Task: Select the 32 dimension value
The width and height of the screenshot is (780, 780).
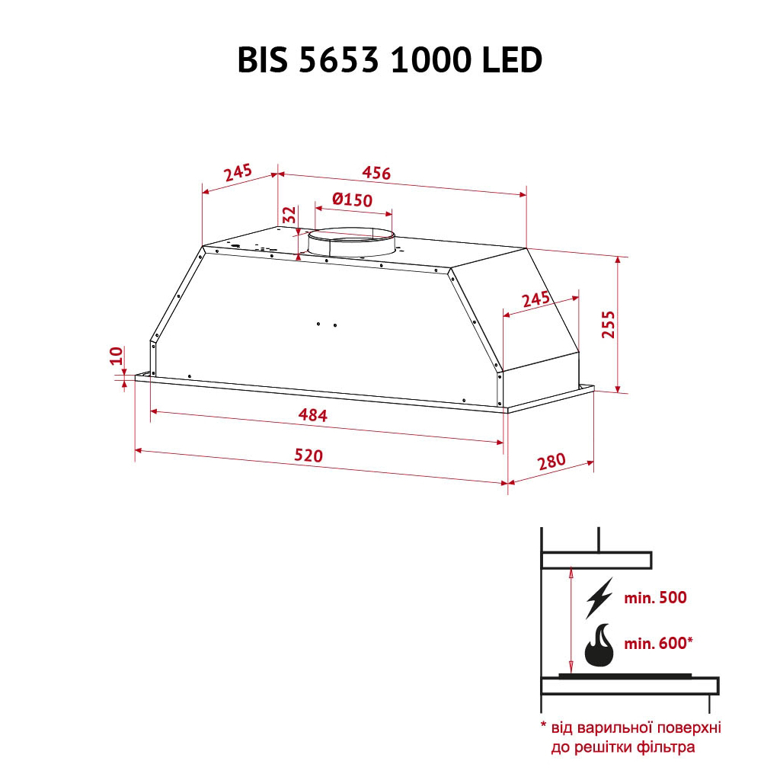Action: click(289, 215)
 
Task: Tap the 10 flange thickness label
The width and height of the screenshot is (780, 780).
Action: click(116, 355)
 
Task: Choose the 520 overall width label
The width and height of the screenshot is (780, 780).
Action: click(308, 456)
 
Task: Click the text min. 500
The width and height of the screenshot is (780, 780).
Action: click(655, 598)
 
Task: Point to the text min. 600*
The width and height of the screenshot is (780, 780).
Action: click(658, 644)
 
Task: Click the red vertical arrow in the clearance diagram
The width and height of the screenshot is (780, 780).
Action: click(571, 621)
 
